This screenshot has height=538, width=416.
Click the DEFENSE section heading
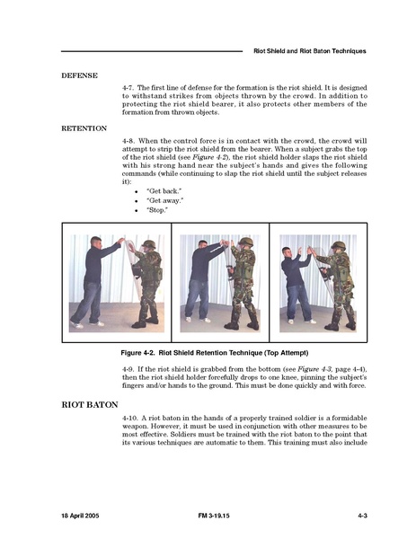coord(79,75)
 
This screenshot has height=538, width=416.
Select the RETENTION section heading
coord(84,128)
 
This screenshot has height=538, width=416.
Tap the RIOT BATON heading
coord(90,405)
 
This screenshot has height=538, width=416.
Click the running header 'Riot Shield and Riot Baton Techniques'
coord(310,51)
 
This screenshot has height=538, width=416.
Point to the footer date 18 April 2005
coord(80,516)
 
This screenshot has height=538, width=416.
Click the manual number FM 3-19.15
coord(214,516)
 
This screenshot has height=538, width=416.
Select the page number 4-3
coord(362,516)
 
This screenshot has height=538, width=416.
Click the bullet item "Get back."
coord(164,191)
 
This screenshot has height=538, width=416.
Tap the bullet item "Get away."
coord(164,200)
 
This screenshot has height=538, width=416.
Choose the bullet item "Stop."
coord(157,210)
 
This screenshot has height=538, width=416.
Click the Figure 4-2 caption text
coord(215,353)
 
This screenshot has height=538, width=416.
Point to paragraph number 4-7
coord(128,88)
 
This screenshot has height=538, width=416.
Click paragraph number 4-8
coord(128,141)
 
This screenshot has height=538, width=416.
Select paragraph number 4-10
coord(130,419)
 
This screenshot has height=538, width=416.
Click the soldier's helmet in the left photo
coord(149,244)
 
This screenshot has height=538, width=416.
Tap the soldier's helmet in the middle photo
coord(246,242)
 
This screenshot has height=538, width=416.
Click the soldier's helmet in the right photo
coord(339,245)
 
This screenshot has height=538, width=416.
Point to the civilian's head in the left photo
coord(96,243)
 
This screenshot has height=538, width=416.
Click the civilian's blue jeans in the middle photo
coord(197,299)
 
